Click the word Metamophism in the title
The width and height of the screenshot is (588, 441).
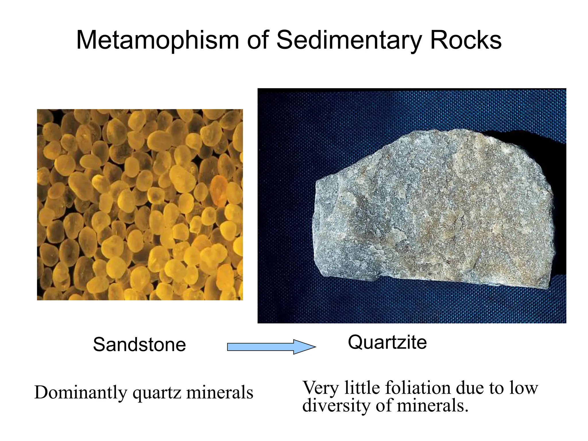click(157, 40)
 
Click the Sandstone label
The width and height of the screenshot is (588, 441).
click(139, 345)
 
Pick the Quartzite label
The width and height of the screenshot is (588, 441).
click(387, 342)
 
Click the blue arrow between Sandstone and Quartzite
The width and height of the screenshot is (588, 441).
click(271, 347)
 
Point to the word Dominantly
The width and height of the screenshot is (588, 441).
click(81, 392)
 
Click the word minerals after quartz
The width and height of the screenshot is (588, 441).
click(220, 392)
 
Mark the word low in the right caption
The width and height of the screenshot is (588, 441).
click(524, 388)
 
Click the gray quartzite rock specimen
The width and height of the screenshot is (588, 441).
click(431, 212)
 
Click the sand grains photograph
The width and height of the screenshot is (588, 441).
click(140, 204)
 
